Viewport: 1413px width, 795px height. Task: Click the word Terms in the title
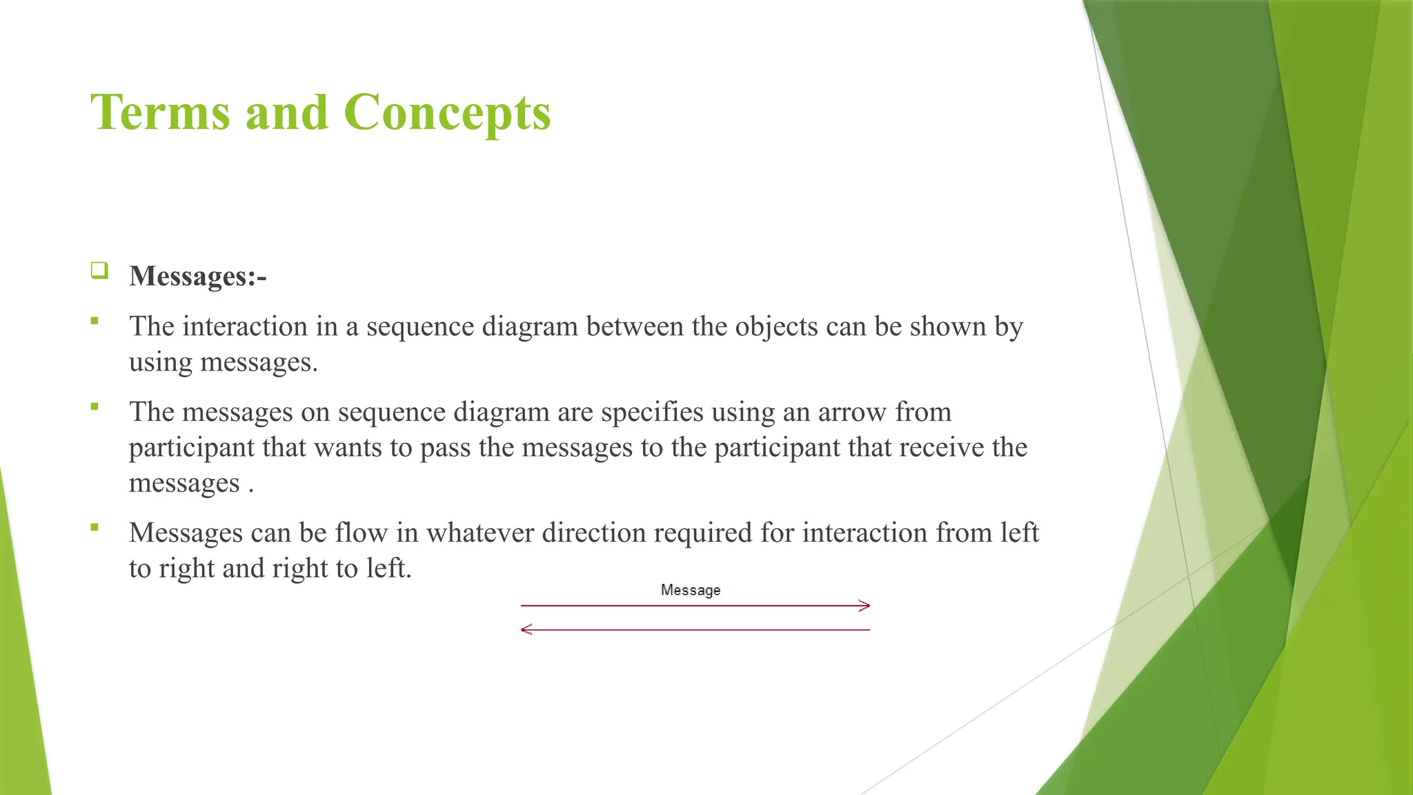tap(160, 112)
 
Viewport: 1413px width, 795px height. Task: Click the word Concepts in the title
tap(447, 112)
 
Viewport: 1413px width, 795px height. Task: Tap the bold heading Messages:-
tap(197, 276)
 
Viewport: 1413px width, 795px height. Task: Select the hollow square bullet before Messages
tap(99, 270)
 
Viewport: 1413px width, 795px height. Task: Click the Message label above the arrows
tap(690, 590)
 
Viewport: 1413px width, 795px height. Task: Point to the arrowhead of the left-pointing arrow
tap(526, 629)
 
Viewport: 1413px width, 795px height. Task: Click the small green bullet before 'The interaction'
tap(95, 321)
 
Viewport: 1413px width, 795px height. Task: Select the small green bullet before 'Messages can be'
tap(95, 528)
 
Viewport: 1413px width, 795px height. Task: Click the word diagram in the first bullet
tap(529, 326)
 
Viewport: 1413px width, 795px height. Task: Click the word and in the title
tap(286, 112)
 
